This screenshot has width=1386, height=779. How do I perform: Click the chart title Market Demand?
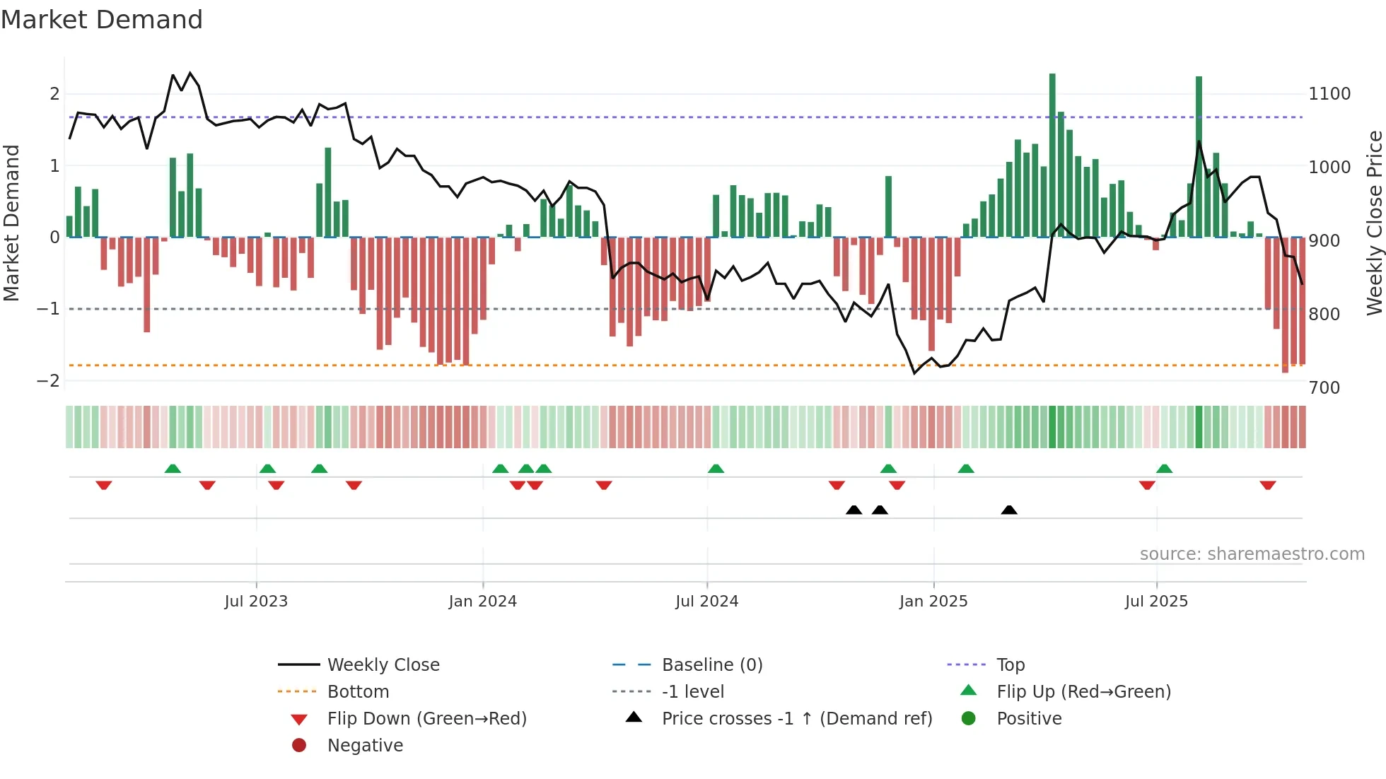pos(102,20)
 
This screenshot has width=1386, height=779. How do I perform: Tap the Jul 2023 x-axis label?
pos(256,602)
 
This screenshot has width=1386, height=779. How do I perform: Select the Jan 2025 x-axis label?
pos(933,602)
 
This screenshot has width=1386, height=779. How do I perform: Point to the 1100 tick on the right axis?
pos(1329,94)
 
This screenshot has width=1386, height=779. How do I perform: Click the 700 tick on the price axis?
pos(1324,388)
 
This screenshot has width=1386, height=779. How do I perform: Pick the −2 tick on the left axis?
pos(49,381)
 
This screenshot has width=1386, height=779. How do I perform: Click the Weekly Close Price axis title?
pos(1374,223)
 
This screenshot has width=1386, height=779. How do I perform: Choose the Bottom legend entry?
pos(358,692)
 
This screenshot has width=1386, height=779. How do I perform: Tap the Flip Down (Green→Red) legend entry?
pos(426,719)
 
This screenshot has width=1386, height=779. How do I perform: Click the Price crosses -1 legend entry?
pos(797,719)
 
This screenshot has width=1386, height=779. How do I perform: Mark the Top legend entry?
pos(1011,665)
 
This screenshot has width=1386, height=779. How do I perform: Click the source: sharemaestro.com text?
pos(1252,554)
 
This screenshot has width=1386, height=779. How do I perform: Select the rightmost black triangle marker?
pos(1009,510)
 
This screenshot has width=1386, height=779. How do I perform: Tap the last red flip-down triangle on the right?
pos(1267,485)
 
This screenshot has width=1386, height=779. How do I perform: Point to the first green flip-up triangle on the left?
pos(173,469)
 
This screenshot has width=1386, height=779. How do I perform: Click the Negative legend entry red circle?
pos(299,746)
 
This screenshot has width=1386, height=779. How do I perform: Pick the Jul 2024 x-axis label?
pos(706,602)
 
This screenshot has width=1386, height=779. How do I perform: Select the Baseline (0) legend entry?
pos(712,665)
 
